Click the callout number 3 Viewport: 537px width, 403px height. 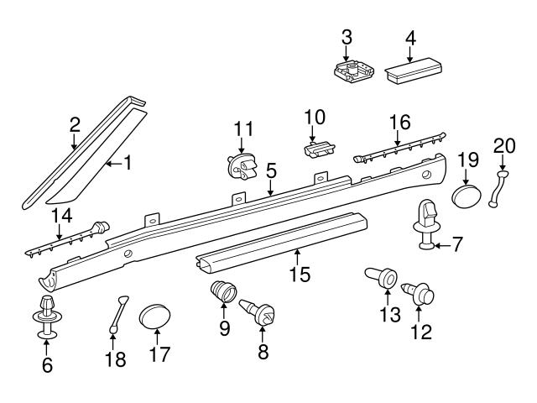tap(347, 37)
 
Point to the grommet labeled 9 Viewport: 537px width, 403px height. tap(222, 297)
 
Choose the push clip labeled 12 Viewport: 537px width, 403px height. tap(421, 295)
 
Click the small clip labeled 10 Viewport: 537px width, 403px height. tap(315, 149)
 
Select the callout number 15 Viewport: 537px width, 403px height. tap(299, 274)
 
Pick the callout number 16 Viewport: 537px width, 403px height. tap(399, 123)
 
